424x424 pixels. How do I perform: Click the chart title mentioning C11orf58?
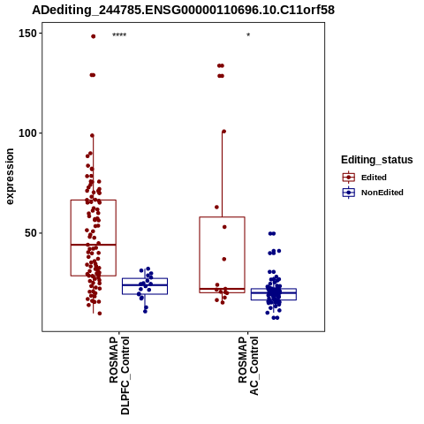click(183, 10)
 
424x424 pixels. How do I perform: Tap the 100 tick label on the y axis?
click(27, 133)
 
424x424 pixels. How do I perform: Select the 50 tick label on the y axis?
click(31, 233)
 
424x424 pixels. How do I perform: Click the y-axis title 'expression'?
click(10, 177)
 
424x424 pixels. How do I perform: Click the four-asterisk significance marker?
click(119, 35)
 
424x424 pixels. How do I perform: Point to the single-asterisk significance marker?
click(248, 35)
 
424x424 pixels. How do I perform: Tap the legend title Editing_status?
click(377, 160)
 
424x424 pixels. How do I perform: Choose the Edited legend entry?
click(374, 178)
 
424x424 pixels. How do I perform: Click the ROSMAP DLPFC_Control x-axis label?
click(119, 375)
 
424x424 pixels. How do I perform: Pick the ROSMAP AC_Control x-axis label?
click(248, 366)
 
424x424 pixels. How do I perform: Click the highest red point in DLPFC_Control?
click(94, 36)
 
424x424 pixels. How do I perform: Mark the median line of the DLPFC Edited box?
click(94, 245)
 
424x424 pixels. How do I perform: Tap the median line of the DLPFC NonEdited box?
click(145, 284)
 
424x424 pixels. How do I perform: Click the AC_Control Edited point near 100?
click(223, 132)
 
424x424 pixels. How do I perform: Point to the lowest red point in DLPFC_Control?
click(100, 314)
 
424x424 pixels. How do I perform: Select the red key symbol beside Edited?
click(349, 178)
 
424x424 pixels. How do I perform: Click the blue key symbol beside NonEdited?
click(349, 193)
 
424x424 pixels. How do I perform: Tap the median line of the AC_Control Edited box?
click(222, 289)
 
